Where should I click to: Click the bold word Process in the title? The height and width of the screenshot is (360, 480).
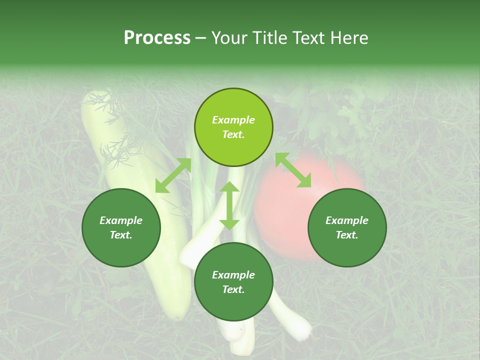[x=157, y=38]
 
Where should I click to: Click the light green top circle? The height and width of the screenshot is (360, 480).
[x=233, y=127]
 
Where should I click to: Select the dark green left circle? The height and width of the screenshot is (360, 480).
[x=121, y=227]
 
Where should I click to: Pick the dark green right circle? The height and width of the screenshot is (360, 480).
[x=347, y=227]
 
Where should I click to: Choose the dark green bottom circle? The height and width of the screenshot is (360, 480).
[x=233, y=282]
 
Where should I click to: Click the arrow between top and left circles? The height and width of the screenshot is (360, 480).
[x=173, y=175]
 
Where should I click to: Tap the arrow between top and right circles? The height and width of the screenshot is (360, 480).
[x=293, y=170]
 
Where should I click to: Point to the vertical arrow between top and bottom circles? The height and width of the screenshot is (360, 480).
[x=229, y=205]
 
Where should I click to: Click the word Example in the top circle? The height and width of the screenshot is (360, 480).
[x=233, y=120]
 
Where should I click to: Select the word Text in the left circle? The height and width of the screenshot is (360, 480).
[x=121, y=235]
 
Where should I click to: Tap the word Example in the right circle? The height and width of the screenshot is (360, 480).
[x=347, y=220]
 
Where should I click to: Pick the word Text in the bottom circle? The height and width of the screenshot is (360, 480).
[x=233, y=289]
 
